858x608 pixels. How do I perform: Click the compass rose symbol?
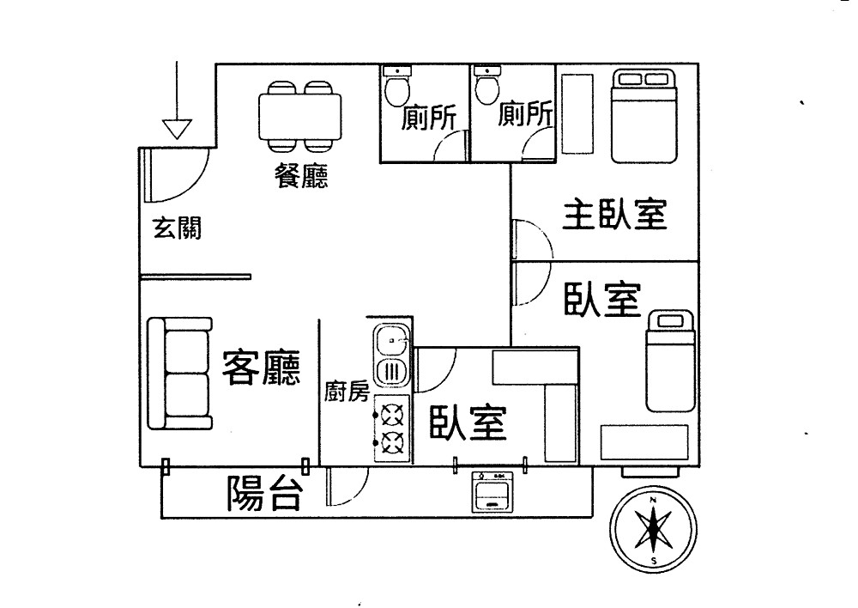[654, 530]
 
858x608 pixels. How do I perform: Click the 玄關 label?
[177, 228]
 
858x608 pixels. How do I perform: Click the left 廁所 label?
[430, 117]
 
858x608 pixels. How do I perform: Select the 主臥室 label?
[614, 215]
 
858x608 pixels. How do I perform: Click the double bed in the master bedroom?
[644, 115]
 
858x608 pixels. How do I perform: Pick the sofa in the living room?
[178, 374]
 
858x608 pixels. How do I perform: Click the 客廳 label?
[261, 368]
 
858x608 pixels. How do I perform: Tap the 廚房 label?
[347, 392]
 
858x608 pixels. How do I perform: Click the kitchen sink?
[392, 341]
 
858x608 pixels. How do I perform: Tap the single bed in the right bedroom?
[669, 361]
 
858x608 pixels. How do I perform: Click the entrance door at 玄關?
[172, 171]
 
